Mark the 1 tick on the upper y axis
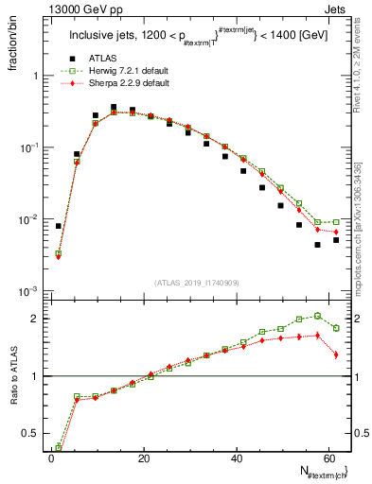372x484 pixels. coord(37,76)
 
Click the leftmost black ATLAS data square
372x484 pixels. coord(59,226)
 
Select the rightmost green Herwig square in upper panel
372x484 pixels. coord(336,222)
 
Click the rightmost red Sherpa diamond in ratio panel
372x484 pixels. coord(336,354)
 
